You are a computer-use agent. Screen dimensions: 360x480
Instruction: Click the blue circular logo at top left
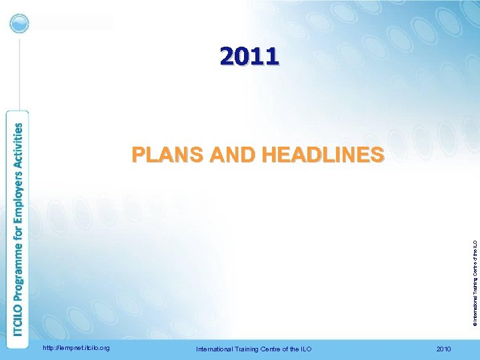tap(20, 24)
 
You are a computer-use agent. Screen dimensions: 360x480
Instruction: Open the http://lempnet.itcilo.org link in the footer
tap(76, 347)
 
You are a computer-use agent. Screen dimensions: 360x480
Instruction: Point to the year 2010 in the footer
tap(443, 349)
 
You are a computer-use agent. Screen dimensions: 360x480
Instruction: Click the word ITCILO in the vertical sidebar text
tap(21, 319)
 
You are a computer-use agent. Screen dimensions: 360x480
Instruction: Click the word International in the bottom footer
tap(214, 349)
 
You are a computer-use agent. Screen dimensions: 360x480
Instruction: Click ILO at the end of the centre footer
tap(305, 349)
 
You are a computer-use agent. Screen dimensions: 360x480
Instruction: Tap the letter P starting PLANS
tap(137, 155)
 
